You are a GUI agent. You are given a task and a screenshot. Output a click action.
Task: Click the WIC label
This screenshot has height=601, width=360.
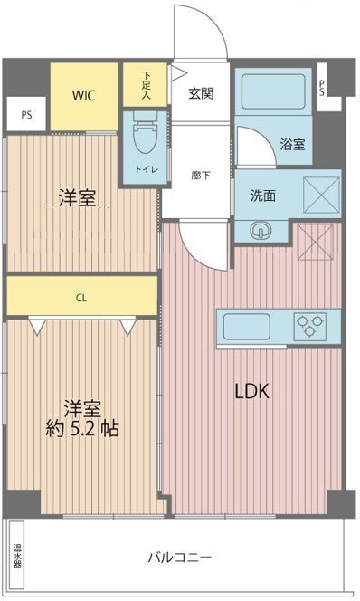tap(83, 94)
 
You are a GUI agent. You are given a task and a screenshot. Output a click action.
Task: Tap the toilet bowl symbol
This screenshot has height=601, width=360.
tap(145, 137)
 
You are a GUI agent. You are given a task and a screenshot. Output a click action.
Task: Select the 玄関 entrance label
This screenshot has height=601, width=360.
tap(201, 92)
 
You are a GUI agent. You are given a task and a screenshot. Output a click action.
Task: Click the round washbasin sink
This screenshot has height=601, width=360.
tap(263, 229)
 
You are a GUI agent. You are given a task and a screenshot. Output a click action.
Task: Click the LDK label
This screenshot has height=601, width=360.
tap(252, 392)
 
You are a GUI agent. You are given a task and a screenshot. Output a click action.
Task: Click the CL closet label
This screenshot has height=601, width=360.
tap(81, 296)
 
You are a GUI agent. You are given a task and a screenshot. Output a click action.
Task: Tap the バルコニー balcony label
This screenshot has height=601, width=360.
tap(180, 557)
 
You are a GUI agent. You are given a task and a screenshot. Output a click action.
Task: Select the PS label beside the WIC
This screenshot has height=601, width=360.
tap(26, 115)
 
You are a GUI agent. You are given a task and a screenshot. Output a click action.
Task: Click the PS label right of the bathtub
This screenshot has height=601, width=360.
tap(323, 88)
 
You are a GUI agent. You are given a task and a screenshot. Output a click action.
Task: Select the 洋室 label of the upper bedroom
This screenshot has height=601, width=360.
tap(79, 198)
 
